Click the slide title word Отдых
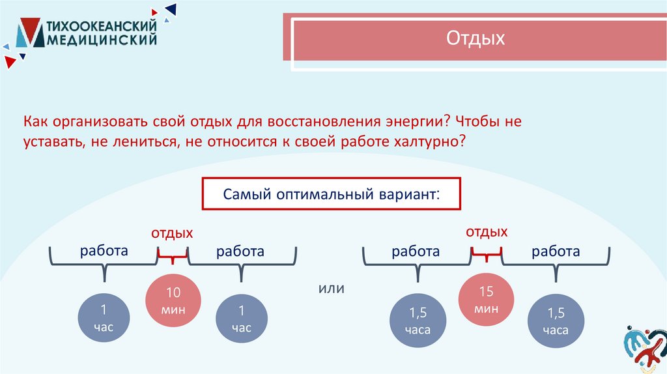(475, 39)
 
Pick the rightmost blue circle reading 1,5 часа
(557, 321)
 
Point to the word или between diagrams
(330, 287)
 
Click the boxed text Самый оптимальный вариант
(331, 194)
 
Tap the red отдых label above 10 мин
(172, 233)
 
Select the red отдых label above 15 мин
(486, 232)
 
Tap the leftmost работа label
(104, 251)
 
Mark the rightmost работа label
(556, 252)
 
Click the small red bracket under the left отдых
(173, 258)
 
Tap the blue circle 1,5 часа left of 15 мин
(418, 321)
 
